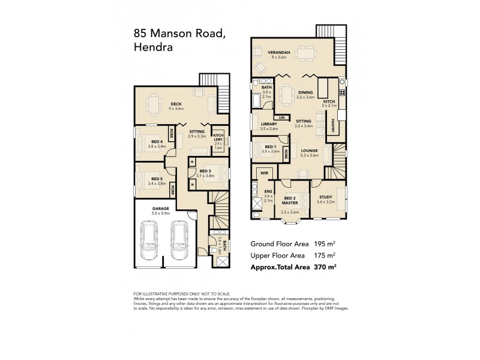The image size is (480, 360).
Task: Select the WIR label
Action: tap(262, 173)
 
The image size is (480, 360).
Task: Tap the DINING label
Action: tap(305, 92)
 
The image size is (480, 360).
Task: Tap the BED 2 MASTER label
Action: tap(289, 200)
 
